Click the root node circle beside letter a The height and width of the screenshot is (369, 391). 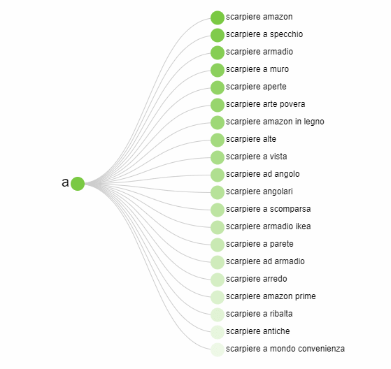point(78,184)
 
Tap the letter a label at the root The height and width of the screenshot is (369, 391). point(65,182)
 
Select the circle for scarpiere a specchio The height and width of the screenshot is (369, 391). point(218,35)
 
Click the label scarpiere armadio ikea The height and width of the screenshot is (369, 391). point(269,226)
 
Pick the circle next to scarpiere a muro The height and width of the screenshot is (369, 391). point(218,70)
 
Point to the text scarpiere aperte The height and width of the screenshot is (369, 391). point(256,87)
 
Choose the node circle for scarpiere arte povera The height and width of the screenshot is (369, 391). point(218,105)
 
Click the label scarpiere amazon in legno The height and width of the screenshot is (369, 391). point(275,122)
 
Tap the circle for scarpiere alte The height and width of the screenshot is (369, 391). point(218,140)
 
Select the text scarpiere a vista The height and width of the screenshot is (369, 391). point(256,157)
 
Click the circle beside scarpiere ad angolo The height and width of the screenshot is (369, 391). point(218,175)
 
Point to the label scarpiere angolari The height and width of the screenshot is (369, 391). point(260,191)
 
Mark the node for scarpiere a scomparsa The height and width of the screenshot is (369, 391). point(218,210)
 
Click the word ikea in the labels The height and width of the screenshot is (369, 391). point(304,226)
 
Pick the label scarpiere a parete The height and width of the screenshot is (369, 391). point(260,244)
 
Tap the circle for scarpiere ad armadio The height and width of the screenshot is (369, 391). point(218,262)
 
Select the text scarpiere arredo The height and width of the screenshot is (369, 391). point(256,279)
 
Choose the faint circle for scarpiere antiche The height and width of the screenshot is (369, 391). point(218,332)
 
